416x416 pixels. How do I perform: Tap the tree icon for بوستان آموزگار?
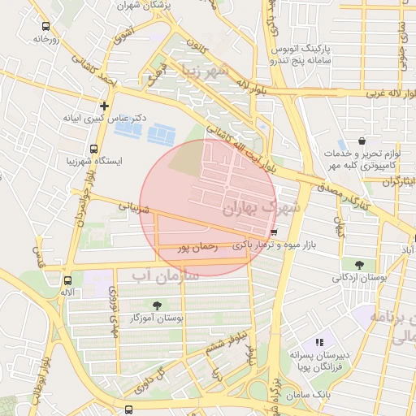click(x=156, y=305)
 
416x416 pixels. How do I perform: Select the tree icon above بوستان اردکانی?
click(x=359, y=264)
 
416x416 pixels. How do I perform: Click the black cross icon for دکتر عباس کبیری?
click(x=104, y=106)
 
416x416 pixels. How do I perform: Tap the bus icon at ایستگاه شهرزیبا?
click(x=93, y=149)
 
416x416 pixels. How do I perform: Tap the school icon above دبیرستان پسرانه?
click(x=319, y=343)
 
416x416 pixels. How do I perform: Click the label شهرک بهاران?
click(x=261, y=209)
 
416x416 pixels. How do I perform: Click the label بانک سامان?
click(x=309, y=394)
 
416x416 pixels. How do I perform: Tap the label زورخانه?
click(x=48, y=38)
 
